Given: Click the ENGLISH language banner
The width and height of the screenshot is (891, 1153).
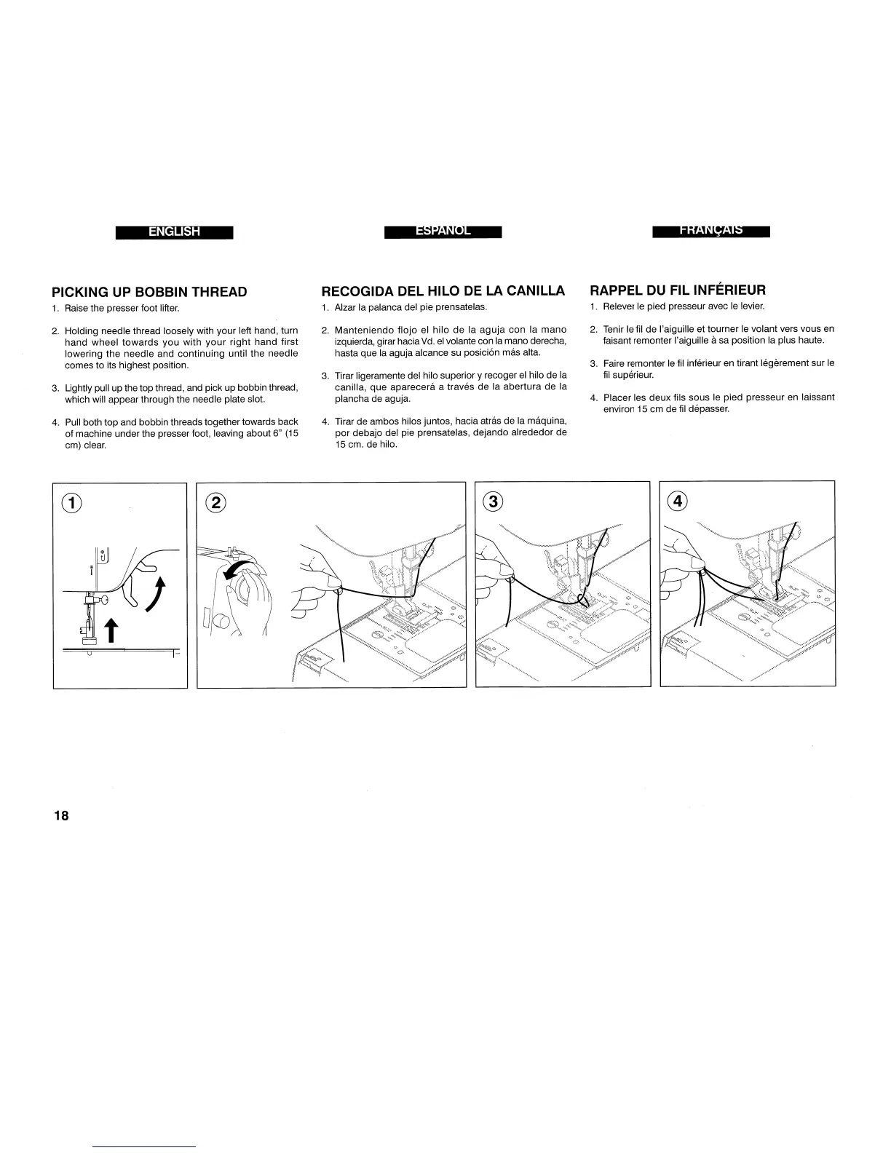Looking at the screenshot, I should tap(174, 232).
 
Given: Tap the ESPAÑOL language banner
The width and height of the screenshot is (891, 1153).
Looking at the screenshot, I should tap(443, 231).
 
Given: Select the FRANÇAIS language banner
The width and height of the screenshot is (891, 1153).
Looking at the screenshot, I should tap(711, 231).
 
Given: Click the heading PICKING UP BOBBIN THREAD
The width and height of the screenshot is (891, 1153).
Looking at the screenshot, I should tap(149, 292).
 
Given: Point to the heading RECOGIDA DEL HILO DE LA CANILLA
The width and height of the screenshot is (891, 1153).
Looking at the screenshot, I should tap(443, 291).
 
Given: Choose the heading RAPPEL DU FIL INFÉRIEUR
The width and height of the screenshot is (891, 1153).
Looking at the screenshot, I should tap(678, 290).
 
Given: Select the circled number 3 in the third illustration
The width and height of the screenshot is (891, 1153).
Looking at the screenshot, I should tap(494, 501).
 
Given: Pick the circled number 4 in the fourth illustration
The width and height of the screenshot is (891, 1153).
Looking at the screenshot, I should tap(678, 501).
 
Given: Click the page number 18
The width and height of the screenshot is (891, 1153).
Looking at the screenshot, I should tap(60, 815).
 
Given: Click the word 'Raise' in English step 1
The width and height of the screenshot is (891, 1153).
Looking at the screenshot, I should tap(76, 309).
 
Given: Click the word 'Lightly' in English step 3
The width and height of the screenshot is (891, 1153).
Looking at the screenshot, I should tap(79, 388).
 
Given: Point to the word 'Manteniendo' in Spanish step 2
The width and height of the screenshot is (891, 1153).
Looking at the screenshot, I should tap(362, 330).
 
